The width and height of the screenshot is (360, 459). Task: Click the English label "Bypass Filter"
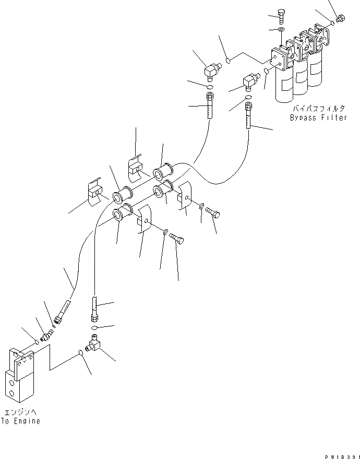318,118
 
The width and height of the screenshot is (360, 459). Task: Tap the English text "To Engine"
20,421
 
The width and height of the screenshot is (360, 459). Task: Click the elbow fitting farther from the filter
212,69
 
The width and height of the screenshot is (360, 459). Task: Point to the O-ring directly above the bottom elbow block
94,328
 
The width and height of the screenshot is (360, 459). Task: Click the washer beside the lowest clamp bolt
165,231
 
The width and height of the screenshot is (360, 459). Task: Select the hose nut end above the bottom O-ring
94,315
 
